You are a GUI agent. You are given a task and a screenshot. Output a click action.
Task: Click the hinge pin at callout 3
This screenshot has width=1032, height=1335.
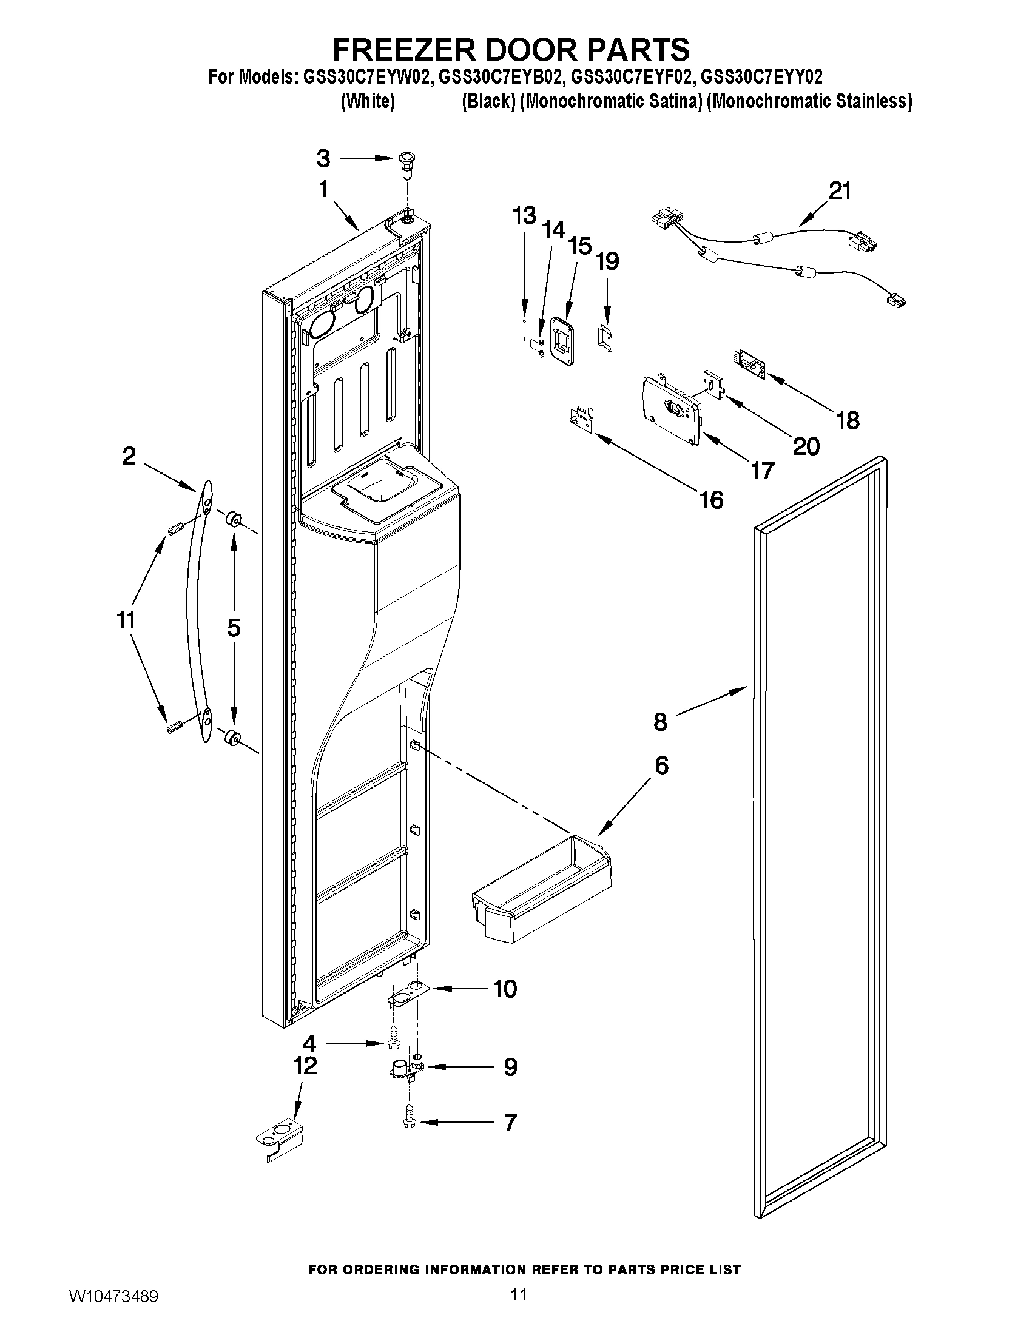tap(404, 163)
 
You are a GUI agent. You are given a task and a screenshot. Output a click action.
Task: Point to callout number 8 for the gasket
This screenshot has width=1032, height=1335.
tap(660, 722)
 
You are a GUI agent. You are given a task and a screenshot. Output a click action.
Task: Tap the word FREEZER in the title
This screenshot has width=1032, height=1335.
tap(402, 49)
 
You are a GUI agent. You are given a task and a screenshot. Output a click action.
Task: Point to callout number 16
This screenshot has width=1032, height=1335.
tap(712, 499)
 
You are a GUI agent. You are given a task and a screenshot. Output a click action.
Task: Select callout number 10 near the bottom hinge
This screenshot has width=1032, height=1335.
tap(505, 989)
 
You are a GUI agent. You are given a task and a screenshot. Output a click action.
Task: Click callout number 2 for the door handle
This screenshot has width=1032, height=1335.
tap(129, 456)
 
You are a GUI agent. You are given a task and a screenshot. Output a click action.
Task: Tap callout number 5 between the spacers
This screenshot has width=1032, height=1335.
tap(234, 627)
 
